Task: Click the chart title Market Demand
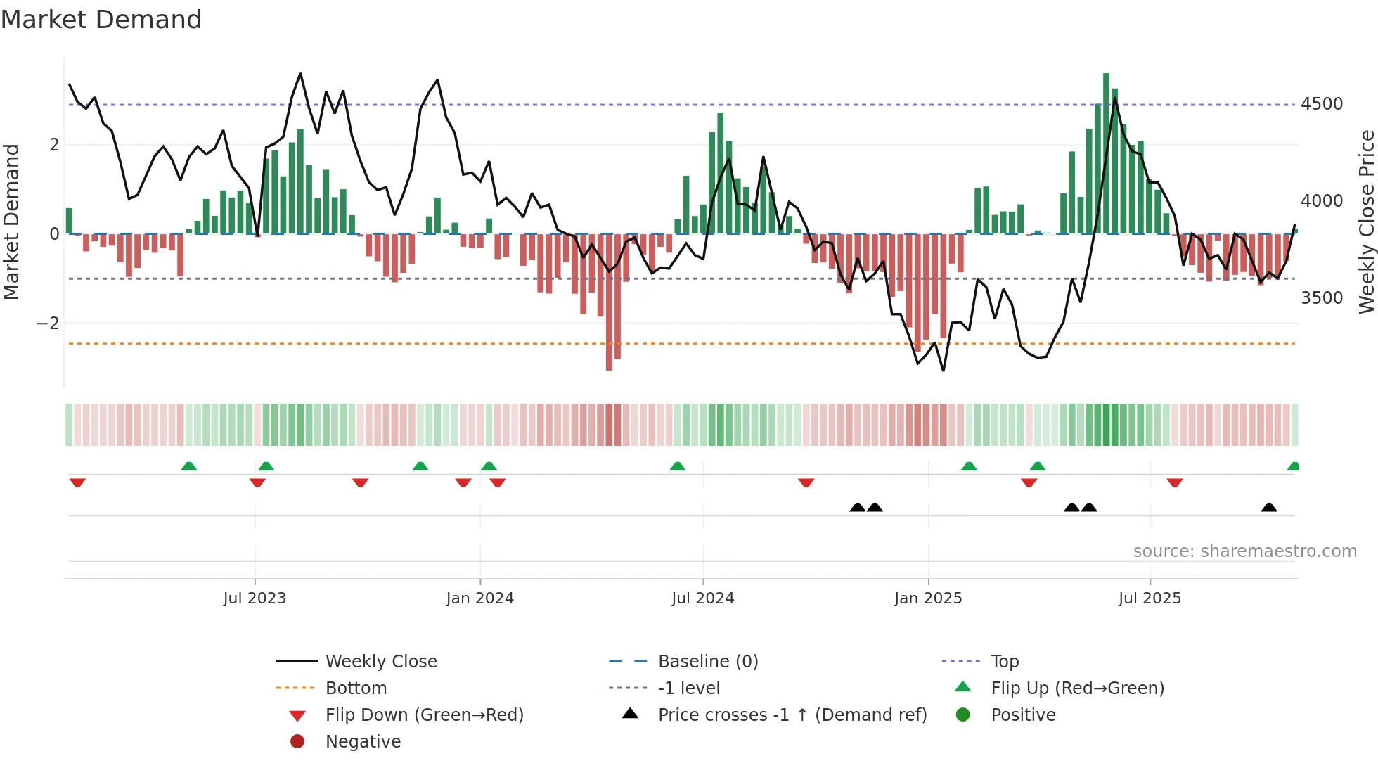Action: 101,20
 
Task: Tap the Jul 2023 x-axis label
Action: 255,598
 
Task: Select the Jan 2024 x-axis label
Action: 479,598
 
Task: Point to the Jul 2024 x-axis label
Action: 702,598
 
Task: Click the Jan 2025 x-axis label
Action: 927,598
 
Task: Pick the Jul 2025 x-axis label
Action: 1150,598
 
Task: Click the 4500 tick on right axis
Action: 1321,104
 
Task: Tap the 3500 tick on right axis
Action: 1321,297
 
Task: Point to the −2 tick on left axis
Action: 48,324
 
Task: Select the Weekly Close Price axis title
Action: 1366,222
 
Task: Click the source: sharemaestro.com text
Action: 1244,551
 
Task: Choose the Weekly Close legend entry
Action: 380,662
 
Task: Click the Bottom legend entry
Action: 356,688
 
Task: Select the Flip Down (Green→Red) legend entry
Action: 424,715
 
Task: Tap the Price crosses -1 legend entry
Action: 792,715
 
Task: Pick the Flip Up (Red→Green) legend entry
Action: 1077,688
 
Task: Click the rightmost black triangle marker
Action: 1269,507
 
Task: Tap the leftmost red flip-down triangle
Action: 77,482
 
